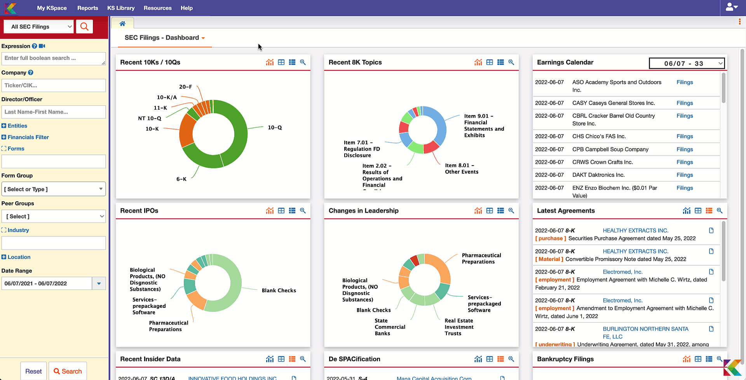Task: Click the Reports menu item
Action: pyautogui.click(x=87, y=8)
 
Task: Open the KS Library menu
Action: pyautogui.click(x=121, y=8)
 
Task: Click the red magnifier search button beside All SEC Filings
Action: pyautogui.click(x=84, y=26)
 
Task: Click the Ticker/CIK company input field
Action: pyautogui.click(x=54, y=85)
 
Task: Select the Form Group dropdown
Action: pyautogui.click(x=54, y=189)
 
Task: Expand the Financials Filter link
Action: pyautogui.click(x=28, y=137)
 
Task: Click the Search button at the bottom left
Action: pyautogui.click(x=68, y=371)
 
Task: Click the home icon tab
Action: pyautogui.click(x=122, y=23)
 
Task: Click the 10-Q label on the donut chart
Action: pyautogui.click(x=275, y=127)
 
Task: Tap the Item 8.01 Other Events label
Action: pyautogui.click(x=462, y=169)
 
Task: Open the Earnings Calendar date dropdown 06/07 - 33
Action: pyautogui.click(x=687, y=63)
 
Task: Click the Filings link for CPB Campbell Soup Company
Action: pyautogui.click(x=685, y=149)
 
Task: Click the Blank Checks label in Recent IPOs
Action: pyautogui.click(x=279, y=290)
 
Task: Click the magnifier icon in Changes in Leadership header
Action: pyautogui.click(x=511, y=211)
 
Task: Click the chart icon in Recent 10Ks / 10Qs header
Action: pyautogui.click(x=270, y=62)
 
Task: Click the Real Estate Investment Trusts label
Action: pyautogui.click(x=459, y=327)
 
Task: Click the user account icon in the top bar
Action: pyautogui.click(x=732, y=7)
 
